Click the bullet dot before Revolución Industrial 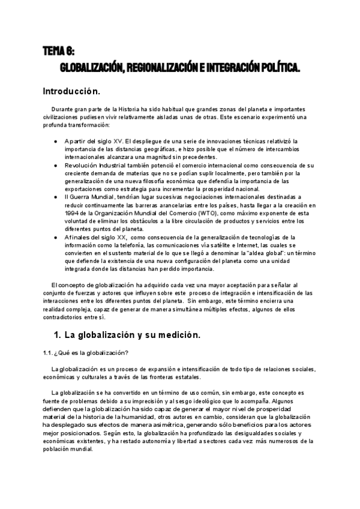click(x=56, y=165)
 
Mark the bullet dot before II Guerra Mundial click(x=56, y=197)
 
